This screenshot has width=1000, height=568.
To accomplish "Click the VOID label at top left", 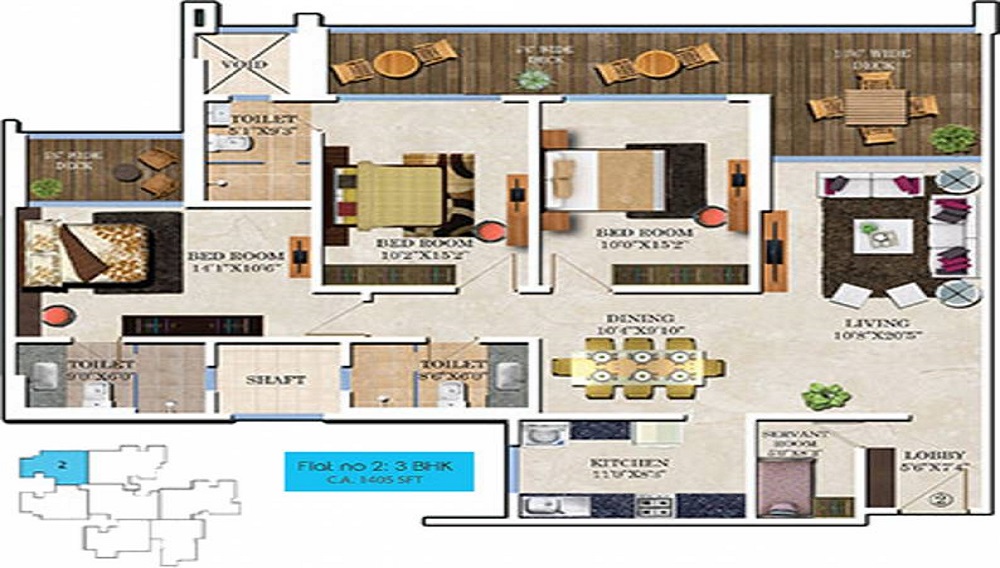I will pos(245,65).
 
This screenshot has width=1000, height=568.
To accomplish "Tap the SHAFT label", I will pos(276,380).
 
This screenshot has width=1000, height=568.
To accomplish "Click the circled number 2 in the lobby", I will pos(939,491).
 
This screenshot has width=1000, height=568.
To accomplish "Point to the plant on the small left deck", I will pos(45,187).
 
